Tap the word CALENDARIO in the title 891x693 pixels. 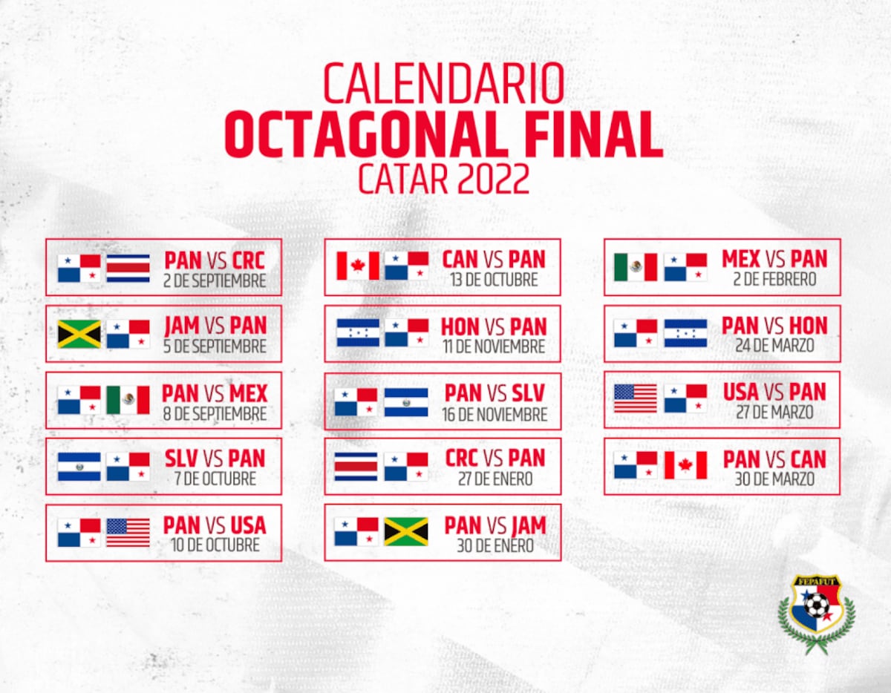[x=443, y=84]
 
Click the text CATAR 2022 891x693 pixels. [x=443, y=178]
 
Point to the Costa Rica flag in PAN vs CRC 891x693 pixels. [x=128, y=269]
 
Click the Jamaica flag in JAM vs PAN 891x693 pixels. [x=79, y=335]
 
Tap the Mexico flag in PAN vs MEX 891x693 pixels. [x=128, y=401]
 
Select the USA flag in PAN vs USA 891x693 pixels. [x=128, y=533]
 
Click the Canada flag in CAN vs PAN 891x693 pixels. [x=358, y=266]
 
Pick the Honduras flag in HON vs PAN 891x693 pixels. [x=358, y=333]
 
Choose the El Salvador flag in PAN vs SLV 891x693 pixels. [x=406, y=402]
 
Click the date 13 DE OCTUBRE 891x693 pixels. [x=494, y=281]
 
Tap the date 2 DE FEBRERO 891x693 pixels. [x=774, y=280]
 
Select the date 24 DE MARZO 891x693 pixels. [x=774, y=346]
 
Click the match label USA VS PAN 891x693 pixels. [x=774, y=393]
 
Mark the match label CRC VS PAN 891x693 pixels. [x=495, y=459]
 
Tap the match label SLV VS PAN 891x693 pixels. [x=215, y=459]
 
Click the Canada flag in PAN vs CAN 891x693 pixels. [x=685, y=466]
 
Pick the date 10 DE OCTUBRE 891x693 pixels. [x=215, y=545]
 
